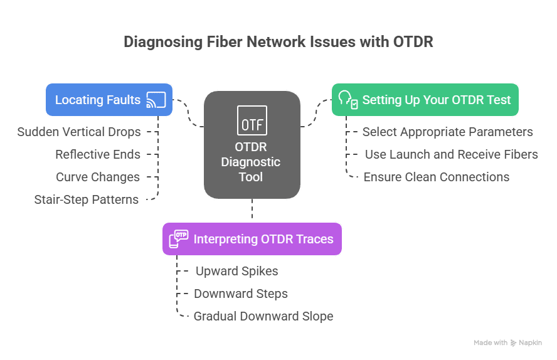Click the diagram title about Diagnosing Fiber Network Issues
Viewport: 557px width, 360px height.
pyautogui.click(x=278, y=42)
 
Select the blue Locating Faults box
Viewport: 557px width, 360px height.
pyautogui.click(x=109, y=100)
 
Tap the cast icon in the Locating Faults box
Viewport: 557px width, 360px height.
pyautogui.click(x=156, y=100)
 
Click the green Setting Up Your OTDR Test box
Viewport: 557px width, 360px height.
pyautogui.click(x=425, y=100)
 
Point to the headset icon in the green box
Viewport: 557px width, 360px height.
pyautogui.click(x=347, y=100)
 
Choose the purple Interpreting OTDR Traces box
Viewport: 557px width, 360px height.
pyautogui.click(x=252, y=239)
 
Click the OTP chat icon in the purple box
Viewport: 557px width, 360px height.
pyautogui.click(x=178, y=239)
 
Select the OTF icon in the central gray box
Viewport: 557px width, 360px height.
pyautogui.click(x=252, y=121)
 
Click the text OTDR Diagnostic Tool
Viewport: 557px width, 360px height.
pyautogui.click(x=252, y=162)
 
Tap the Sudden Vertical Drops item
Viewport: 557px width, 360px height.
pyautogui.click(x=78, y=132)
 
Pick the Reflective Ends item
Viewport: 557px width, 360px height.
pyautogui.click(x=97, y=154)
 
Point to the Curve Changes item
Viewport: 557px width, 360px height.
pyautogui.click(x=97, y=177)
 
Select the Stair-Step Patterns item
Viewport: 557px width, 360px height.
pyautogui.click(x=87, y=199)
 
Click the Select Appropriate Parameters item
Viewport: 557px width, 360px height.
pyautogui.click(x=447, y=132)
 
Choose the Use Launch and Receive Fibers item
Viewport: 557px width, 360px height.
pyautogui.click(x=451, y=154)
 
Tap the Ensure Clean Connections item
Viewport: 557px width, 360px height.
pyautogui.click(x=436, y=177)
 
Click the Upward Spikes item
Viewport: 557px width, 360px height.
pyautogui.click(x=236, y=271)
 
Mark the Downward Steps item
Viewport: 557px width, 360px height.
pyautogui.click(x=240, y=294)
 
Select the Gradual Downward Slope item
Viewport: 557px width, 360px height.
pyautogui.click(x=263, y=316)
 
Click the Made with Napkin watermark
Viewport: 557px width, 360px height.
pyautogui.click(x=507, y=343)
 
